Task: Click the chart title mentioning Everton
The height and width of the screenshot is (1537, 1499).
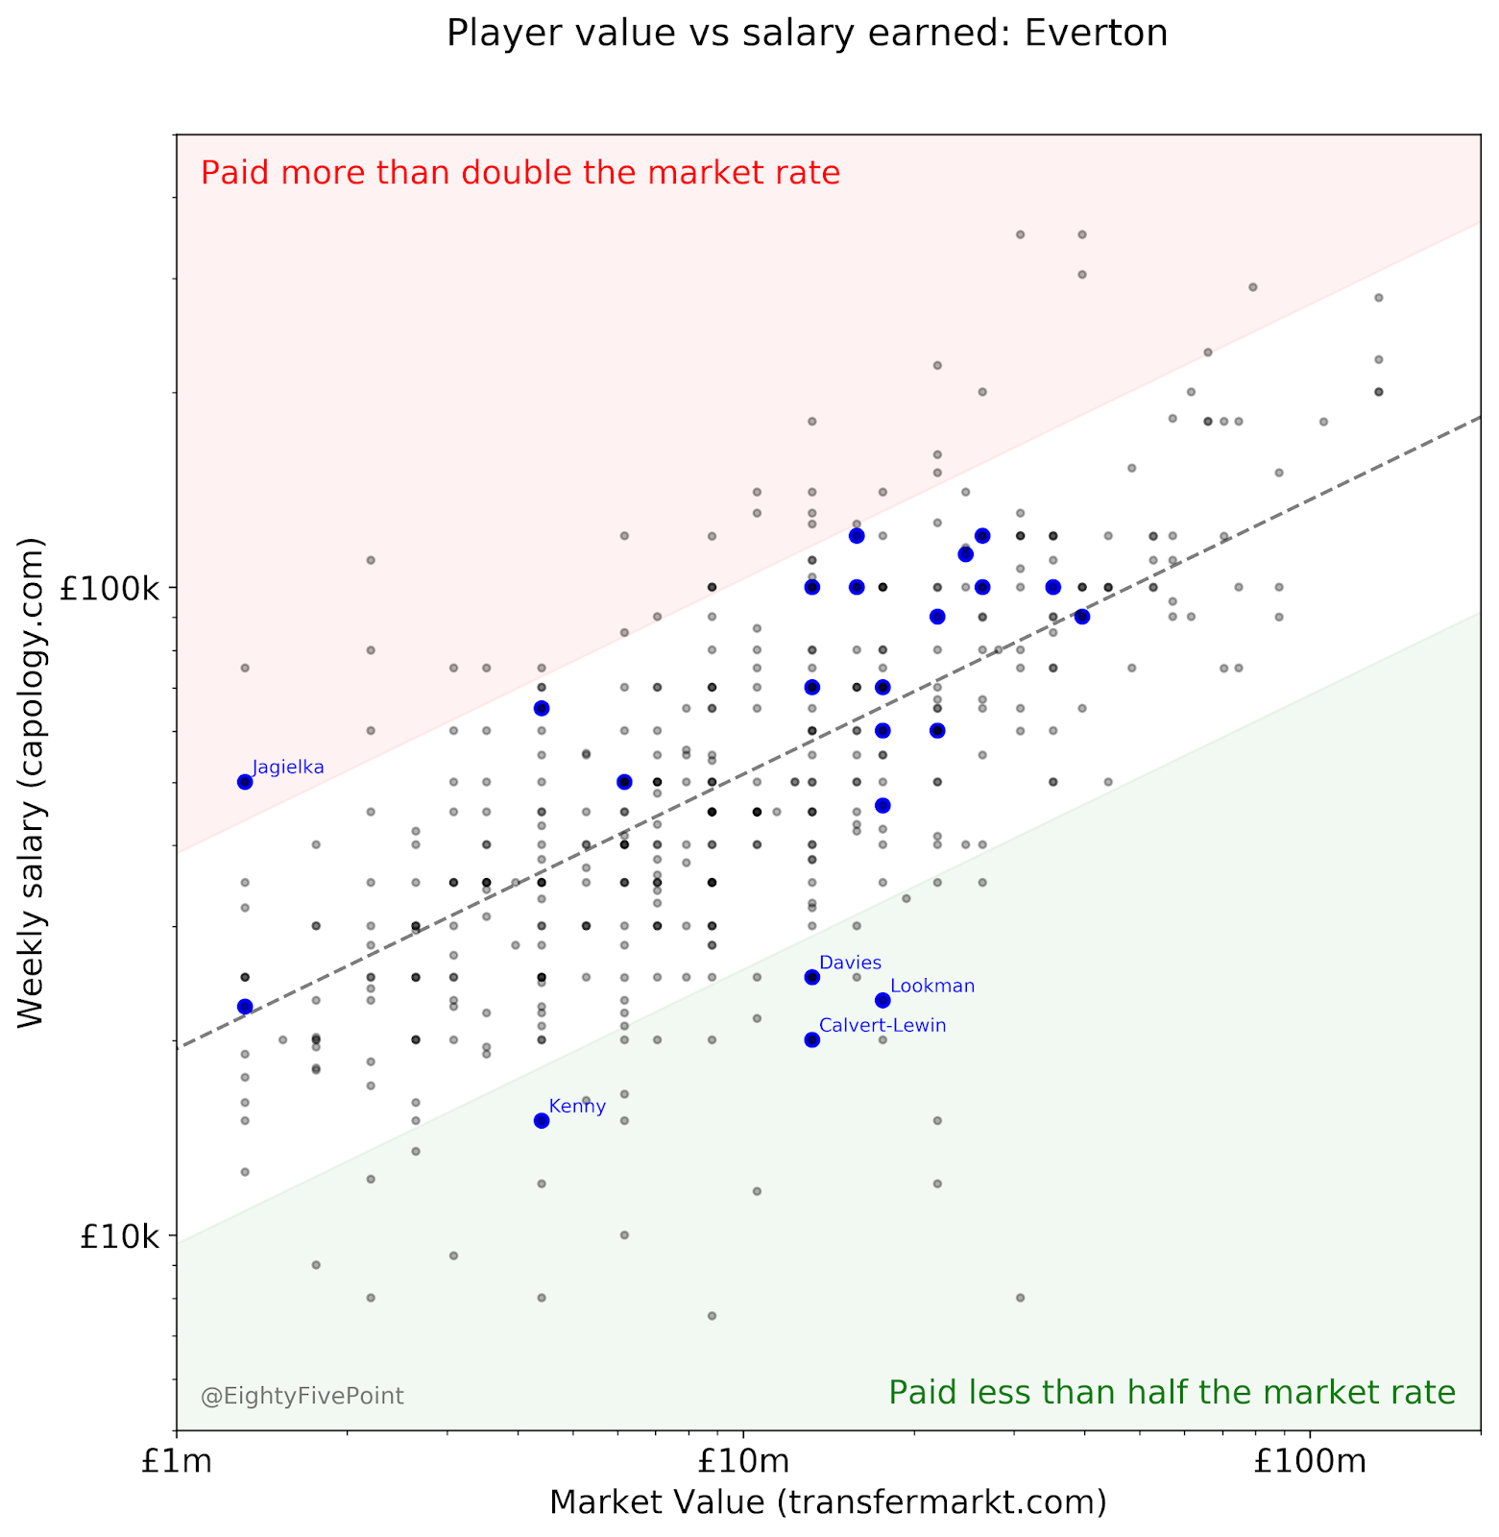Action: tap(807, 35)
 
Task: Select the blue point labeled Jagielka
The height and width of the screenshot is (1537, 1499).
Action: tap(245, 782)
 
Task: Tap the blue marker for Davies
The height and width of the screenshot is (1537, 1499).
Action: tap(811, 978)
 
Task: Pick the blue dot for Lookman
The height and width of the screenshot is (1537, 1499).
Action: tap(882, 1001)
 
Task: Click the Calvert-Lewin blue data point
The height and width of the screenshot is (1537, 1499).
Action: tap(811, 1039)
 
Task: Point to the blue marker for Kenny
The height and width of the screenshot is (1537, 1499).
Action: tap(542, 1120)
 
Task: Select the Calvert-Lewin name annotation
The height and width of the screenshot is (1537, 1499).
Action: tap(882, 1026)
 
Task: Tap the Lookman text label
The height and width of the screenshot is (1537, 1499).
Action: tap(932, 987)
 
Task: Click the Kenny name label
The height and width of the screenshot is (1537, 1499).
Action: tap(577, 1107)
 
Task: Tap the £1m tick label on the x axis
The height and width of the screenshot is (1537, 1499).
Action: tap(176, 1463)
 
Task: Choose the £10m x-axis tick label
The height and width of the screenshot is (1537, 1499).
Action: tap(743, 1463)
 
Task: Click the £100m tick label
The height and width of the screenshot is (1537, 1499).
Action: tap(1310, 1463)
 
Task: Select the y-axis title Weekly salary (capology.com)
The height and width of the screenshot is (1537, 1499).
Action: tap(32, 783)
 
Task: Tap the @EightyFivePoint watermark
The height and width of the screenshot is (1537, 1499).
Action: tap(302, 1396)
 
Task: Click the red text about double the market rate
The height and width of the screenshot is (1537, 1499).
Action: tap(520, 174)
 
